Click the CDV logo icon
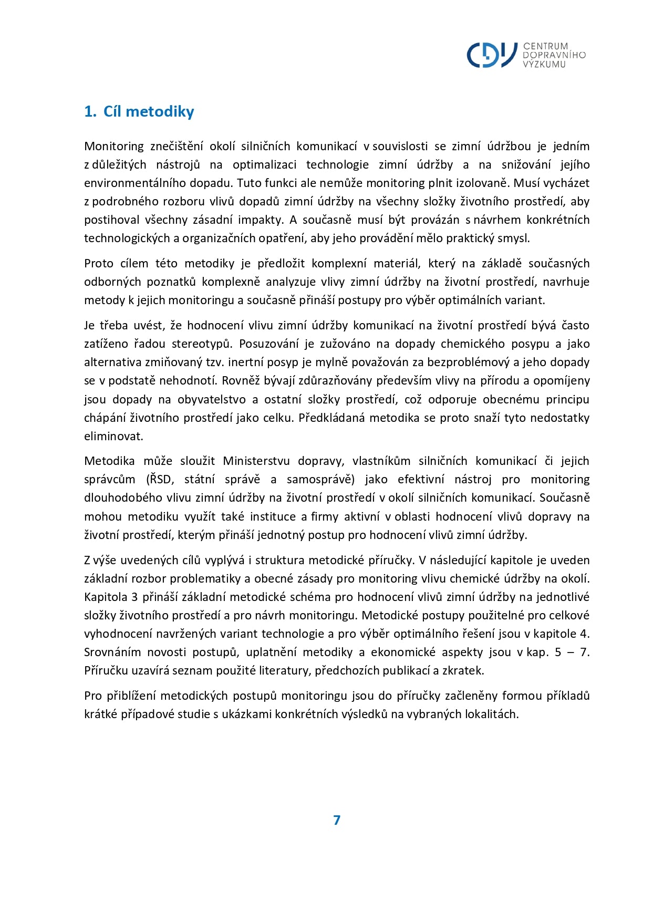pos(491,55)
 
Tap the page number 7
pos(337,820)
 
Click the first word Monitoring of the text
pos(113,146)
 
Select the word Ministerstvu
pos(256,461)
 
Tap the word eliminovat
pos(113,436)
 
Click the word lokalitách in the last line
pos(491,714)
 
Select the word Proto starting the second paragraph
pos(98,263)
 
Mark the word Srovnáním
pos(112,652)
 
